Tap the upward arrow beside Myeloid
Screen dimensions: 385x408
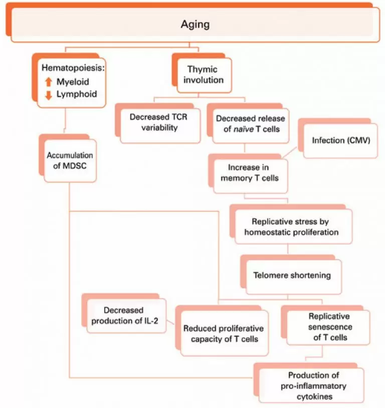pyautogui.click(x=49, y=82)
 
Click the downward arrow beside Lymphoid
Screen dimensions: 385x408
pyautogui.click(x=49, y=95)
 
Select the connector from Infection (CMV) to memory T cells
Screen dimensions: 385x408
pyautogui.click(x=289, y=152)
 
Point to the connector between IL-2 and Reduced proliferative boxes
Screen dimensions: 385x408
pyautogui.click(x=170, y=322)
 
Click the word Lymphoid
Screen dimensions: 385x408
pyautogui.click(x=77, y=94)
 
